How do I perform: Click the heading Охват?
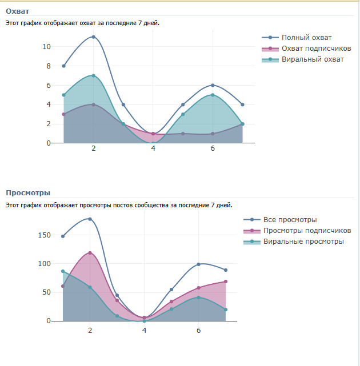[x=17, y=11]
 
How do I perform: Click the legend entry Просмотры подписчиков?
[x=307, y=231]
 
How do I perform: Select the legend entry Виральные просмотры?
[x=303, y=242]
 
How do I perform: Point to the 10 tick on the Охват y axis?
[x=47, y=47]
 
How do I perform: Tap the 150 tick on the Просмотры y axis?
[x=43, y=235]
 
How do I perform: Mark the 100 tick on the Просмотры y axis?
[x=43, y=264]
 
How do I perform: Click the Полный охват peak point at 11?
[x=93, y=37]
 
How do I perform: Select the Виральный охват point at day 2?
[x=93, y=75]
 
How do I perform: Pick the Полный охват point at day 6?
[x=213, y=85]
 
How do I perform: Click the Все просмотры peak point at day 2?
[x=90, y=219]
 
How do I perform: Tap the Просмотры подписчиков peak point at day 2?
[x=90, y=252]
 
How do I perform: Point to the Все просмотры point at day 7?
[x=226, y=270]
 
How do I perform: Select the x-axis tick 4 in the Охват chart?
[x=153, y=148]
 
